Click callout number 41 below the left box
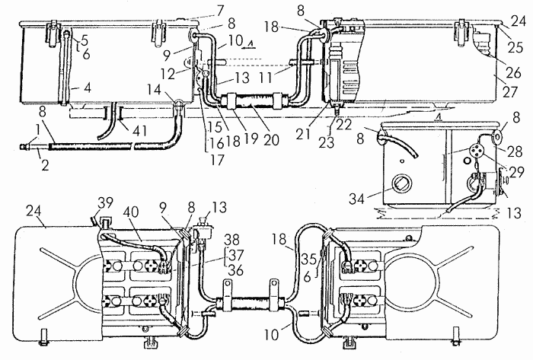[139, 131]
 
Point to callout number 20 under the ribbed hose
[270, 139]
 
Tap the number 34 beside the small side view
[356, 199]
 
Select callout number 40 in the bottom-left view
[131, 212]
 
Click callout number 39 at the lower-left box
[105, 203]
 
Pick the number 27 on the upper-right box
[510, 92]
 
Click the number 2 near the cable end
[45, 164]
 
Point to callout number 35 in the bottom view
[309, 259]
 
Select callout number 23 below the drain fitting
[327, 142]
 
